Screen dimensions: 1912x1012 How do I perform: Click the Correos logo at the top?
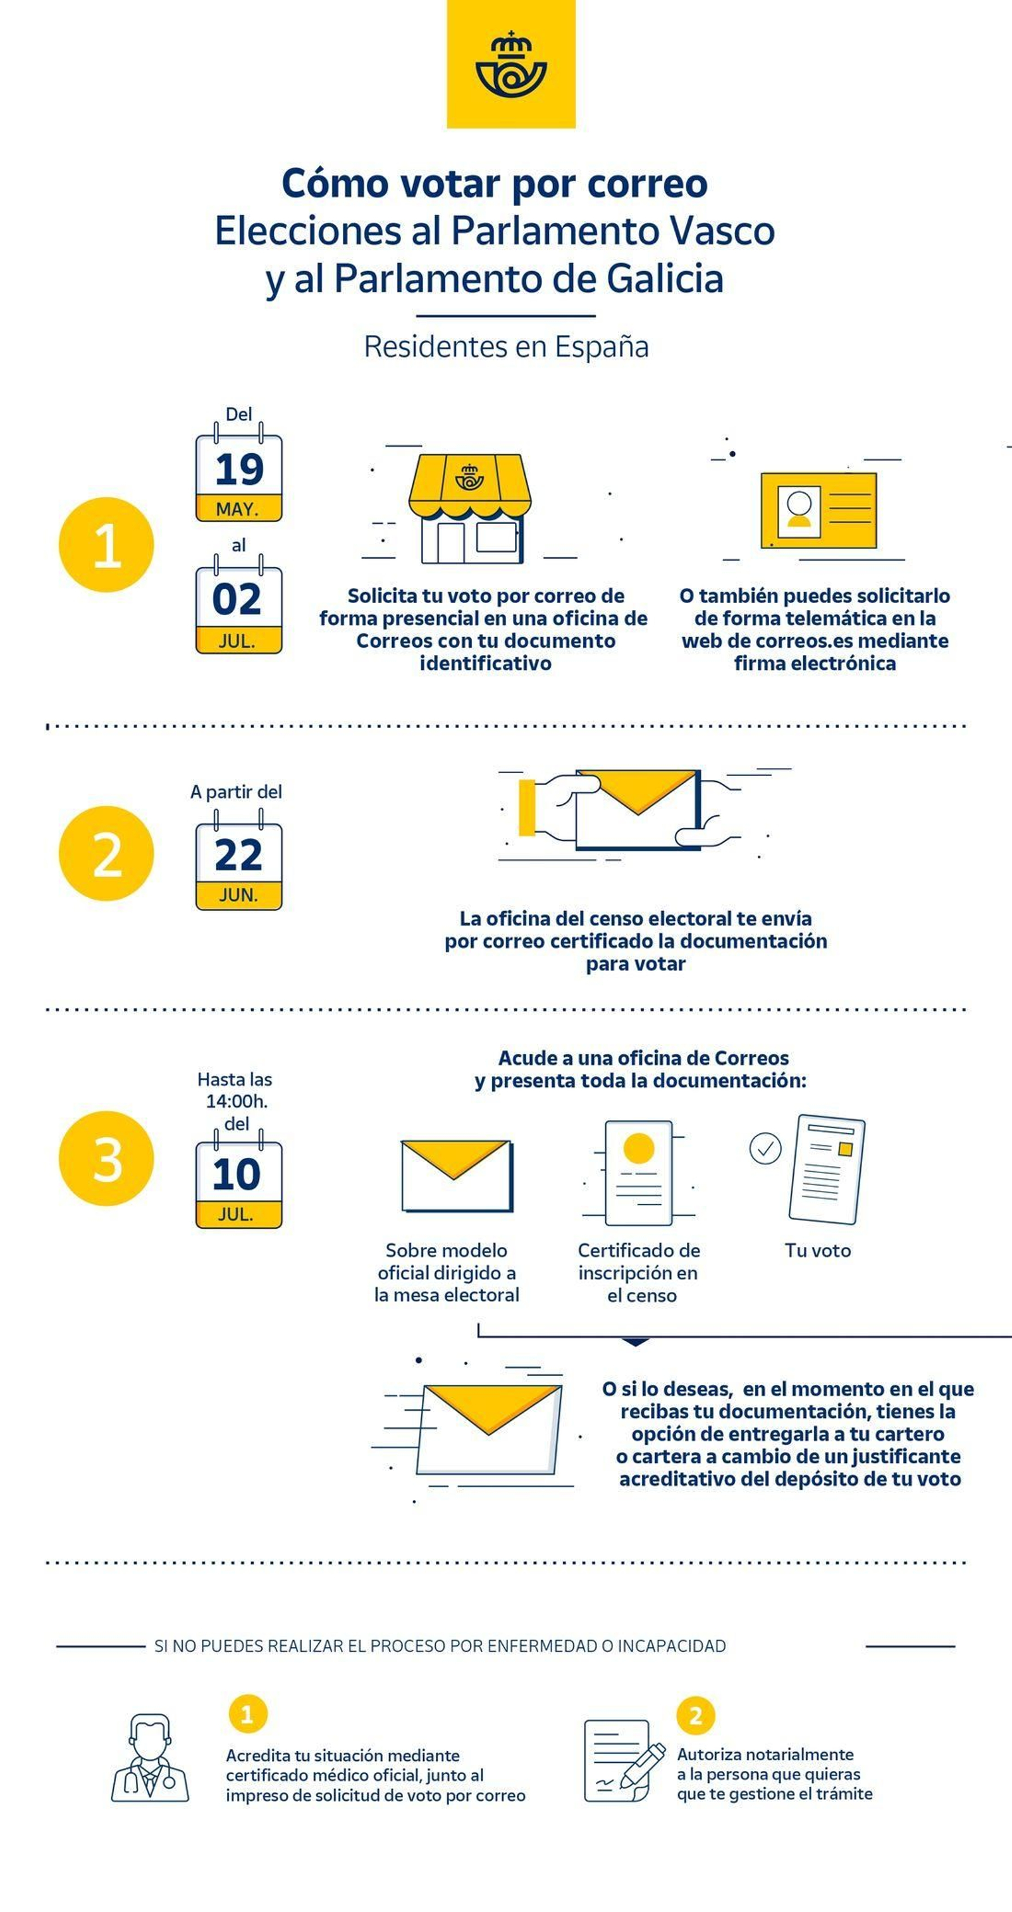(x=511, y=64)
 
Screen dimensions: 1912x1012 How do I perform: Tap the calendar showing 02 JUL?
(x=238, y=609)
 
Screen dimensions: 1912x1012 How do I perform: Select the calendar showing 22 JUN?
(x=238, y=865)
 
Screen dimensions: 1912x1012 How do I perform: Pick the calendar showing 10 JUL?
(x=238, y=1184)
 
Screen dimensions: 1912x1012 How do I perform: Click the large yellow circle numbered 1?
(x=106, y=545)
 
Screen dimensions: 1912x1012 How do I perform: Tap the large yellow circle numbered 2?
(x=106, y=853)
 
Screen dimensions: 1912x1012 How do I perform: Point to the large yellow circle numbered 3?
(x=106, y=1159)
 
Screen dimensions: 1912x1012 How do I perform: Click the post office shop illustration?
(x=470, y=508)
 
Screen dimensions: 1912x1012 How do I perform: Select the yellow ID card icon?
(x=818, y=511)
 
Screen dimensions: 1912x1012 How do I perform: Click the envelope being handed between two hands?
(x=637, y=809)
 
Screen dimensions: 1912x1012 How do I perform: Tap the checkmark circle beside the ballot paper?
(x=765, y=1148)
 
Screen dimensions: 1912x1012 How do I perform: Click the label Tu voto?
(x=817, y=1251)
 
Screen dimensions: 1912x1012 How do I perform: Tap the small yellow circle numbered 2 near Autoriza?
(x=696, y=1715)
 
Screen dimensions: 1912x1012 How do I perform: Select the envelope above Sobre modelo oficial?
(x=456, y=1176)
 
